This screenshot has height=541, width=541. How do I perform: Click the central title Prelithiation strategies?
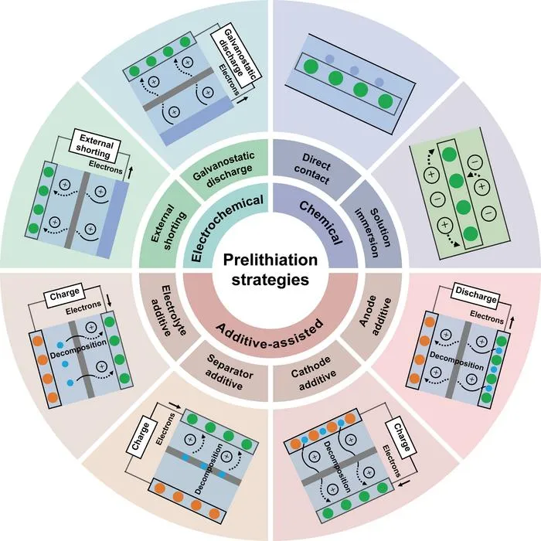point(270,270)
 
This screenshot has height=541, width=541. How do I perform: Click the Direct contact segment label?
point(314,168)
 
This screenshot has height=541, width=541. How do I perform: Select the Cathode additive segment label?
point(312,373)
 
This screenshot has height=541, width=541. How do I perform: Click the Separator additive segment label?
point(228,372)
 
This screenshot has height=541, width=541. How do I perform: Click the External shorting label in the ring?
point(168,227)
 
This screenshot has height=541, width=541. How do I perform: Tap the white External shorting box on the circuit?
point(96,147)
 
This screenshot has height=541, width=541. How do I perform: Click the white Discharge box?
point(476,295)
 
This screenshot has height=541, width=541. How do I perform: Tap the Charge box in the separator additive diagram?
point(140,436)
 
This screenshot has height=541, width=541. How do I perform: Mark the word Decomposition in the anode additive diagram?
point(457,361)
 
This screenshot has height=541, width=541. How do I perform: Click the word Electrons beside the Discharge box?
point(487,317)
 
